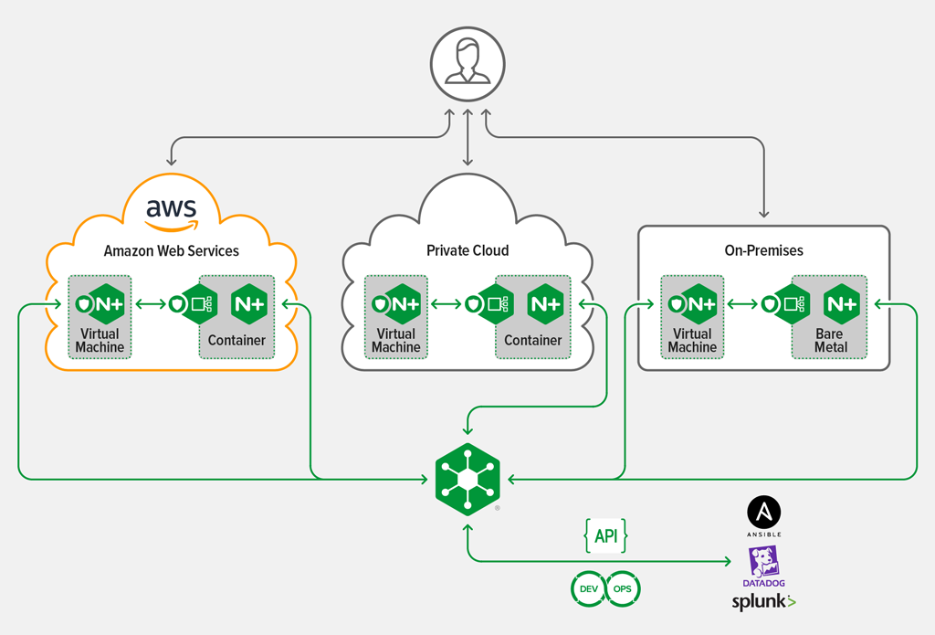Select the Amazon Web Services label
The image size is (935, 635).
click(172, 250)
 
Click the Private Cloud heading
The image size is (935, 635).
click(467, 250)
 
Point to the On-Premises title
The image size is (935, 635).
click(762, 250)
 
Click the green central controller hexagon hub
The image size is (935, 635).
click(467, 479)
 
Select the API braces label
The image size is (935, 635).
click(605, 536)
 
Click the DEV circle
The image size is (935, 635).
click(588, 589)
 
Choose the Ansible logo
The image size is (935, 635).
click(764, 513)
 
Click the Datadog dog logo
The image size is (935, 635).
click(763, 561)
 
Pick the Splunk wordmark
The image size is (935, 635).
click(763, 601)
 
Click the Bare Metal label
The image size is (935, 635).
click(831, 341)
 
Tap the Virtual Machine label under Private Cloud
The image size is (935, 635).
click(396, 341)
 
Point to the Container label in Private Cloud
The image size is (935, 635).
click(532, 341)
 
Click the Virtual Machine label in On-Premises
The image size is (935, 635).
click(692, 341)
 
